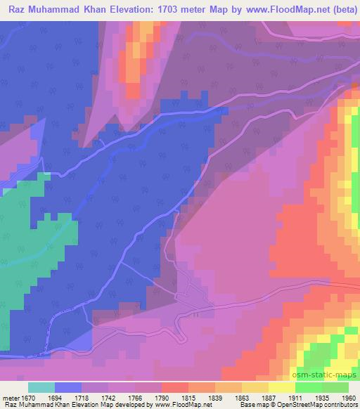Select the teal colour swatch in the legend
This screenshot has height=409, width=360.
[x=41, y=387]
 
